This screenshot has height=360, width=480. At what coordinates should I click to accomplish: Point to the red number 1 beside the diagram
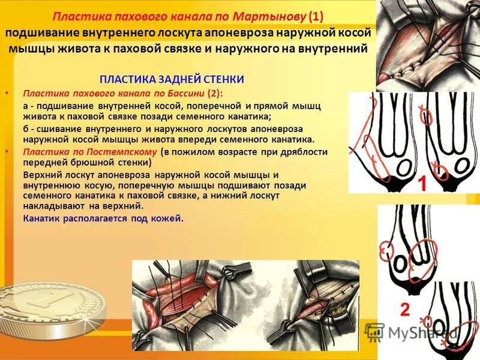click(422, 184)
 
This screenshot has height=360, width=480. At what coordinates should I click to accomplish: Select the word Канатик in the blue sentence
click(41, 218)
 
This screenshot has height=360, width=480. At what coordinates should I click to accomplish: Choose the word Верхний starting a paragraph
click(41, 175)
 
